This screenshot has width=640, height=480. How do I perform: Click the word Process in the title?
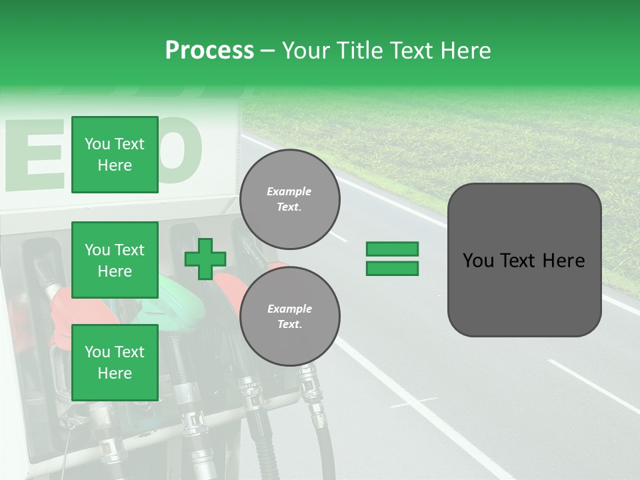point(209,51)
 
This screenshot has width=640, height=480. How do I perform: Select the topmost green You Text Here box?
point(115,155)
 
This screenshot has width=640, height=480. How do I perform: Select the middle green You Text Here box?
point(115,260)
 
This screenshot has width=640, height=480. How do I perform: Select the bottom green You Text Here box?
point(115,362)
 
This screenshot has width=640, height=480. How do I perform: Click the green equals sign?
point(392,259)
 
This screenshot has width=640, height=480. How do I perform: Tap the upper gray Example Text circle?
point(289,199)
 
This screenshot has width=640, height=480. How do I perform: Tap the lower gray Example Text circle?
point(289,316)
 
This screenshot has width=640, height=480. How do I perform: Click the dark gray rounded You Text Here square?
point(524,260)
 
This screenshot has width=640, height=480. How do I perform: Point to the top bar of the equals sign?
point(392,249)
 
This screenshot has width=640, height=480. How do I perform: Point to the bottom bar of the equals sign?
point(392,268)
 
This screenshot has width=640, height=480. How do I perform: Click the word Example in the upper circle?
point(289,191)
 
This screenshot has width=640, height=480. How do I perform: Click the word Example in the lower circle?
point(289,309)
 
